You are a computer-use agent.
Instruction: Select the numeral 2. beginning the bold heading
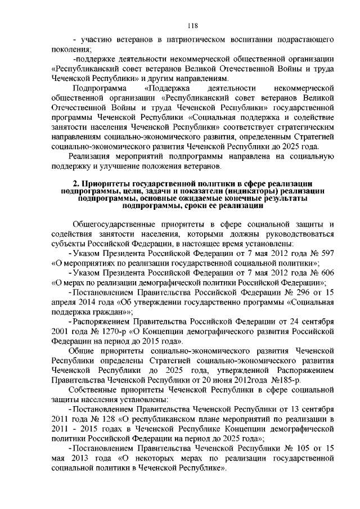(x=78, y=184)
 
